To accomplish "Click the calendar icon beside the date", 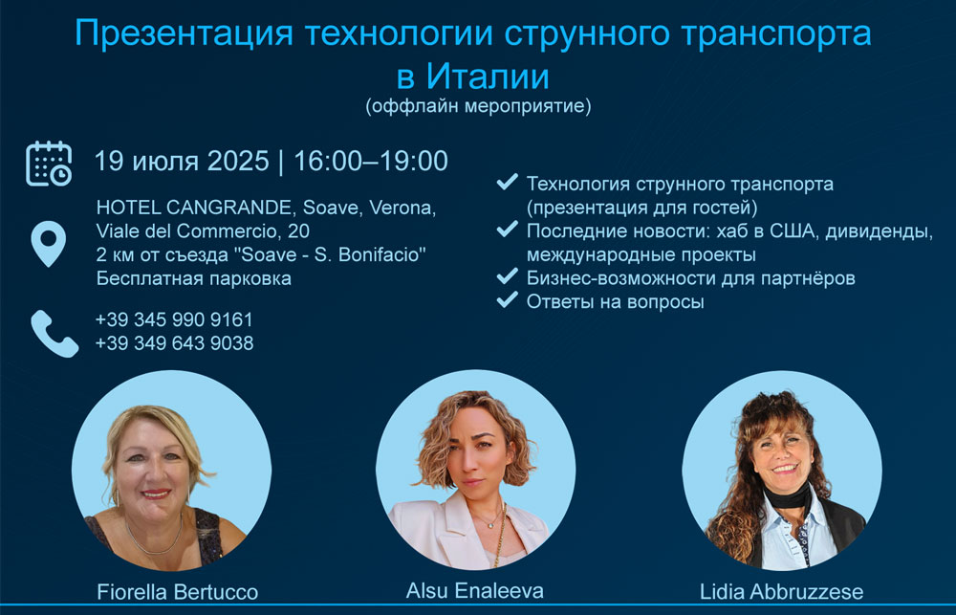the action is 49,164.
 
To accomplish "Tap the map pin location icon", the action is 49,244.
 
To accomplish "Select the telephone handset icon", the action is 54,333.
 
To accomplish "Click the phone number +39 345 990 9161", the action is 174,319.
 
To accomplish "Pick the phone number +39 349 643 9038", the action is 174,342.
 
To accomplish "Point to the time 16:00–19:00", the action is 371,161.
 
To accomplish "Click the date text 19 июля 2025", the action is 182,161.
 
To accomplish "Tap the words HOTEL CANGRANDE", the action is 194,208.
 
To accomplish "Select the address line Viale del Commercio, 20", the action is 203,231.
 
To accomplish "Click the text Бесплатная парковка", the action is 194,279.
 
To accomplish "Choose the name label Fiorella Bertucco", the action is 178,592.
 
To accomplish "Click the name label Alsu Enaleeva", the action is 475,590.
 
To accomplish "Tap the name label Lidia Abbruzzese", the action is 782,592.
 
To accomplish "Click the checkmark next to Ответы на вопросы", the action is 508,299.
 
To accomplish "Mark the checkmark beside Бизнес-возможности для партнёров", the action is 508,275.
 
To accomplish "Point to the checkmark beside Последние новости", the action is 508,229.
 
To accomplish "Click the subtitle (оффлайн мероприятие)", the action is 479,106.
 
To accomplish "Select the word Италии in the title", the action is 488,77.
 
